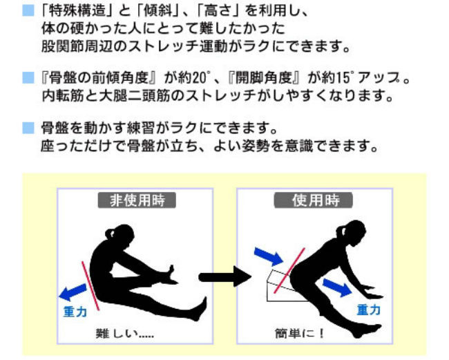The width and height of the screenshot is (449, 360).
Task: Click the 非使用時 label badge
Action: (137, 200)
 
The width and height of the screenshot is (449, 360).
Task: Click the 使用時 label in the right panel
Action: (314, 200)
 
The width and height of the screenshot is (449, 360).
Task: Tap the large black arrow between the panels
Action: (225, 276)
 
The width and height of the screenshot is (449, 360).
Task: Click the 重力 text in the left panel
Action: (75, 312)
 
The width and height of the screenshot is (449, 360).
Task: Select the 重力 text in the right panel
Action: (369, 310)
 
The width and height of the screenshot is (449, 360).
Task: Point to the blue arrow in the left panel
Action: (73, 292)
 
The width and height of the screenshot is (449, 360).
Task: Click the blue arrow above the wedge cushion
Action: (269, 256)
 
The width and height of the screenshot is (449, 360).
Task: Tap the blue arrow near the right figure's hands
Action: (337, 287)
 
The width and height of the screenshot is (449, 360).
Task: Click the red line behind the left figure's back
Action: (90, 286)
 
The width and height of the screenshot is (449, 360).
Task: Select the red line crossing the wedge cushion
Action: (289, 271)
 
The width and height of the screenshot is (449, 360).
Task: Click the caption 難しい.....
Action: (125, 334)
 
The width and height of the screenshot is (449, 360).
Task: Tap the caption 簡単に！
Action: (300, 333)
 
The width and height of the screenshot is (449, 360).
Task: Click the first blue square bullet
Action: (28, 11)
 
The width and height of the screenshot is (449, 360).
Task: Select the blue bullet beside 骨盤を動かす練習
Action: (28, 128)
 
